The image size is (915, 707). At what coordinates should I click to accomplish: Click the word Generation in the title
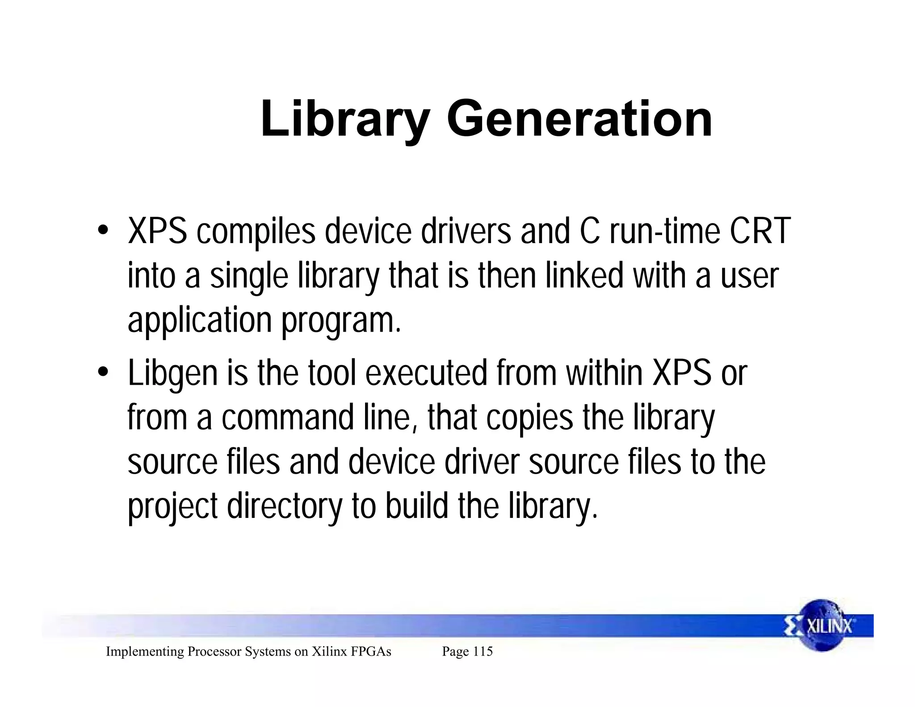pos(579,119)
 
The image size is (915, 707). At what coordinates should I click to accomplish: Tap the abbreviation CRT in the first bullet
pos(760,231)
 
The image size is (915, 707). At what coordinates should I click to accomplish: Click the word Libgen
pos(172,374)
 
